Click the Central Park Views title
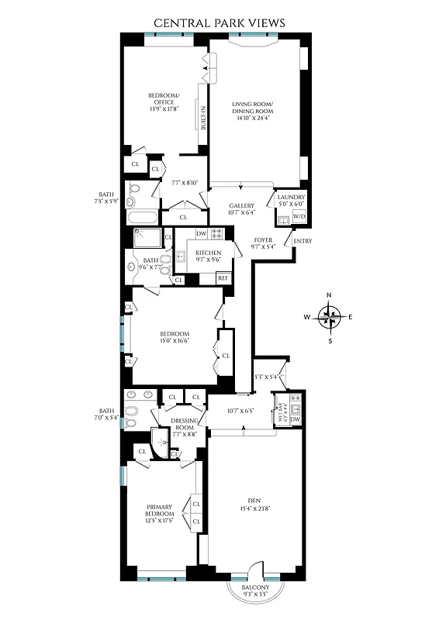[219, 23]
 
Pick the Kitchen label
[209, 253]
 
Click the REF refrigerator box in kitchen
[223, 278]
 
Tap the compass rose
[331, 317]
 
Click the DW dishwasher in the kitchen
[201, 233]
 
